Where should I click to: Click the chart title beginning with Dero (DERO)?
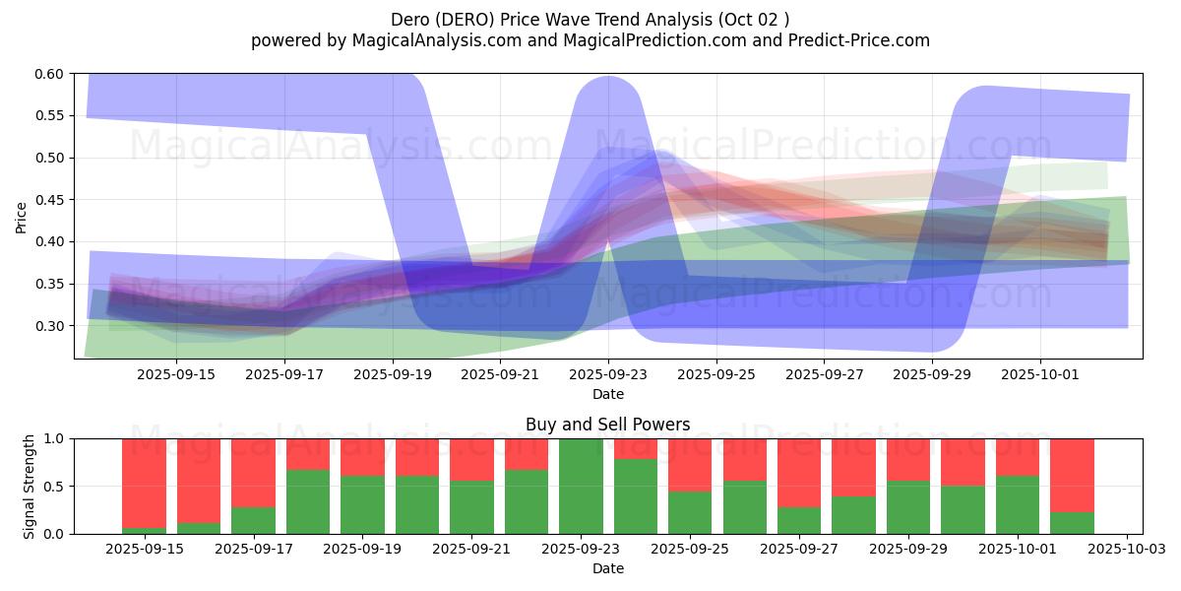[590, 19]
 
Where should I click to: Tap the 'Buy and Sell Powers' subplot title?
[607, 425]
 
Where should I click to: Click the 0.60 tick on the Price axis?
[50, 74]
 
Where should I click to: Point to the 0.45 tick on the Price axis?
[50, 200]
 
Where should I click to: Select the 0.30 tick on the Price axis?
[50, 326]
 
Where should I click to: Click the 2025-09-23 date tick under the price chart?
[608, 374]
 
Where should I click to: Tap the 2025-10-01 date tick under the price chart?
[1041, 374]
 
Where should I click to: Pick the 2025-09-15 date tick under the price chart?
[176, 374]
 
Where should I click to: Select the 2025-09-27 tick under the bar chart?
[799, 550]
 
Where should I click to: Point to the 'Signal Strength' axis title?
[30, 486]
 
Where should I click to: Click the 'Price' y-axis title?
[22, 217]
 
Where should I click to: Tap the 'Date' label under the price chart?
[607, 394]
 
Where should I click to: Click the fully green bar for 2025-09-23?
[581, 486]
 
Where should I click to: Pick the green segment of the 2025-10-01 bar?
[1018, 504]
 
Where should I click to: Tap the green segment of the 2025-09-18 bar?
[308, 501]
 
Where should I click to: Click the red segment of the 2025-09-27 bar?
[799, 473]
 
